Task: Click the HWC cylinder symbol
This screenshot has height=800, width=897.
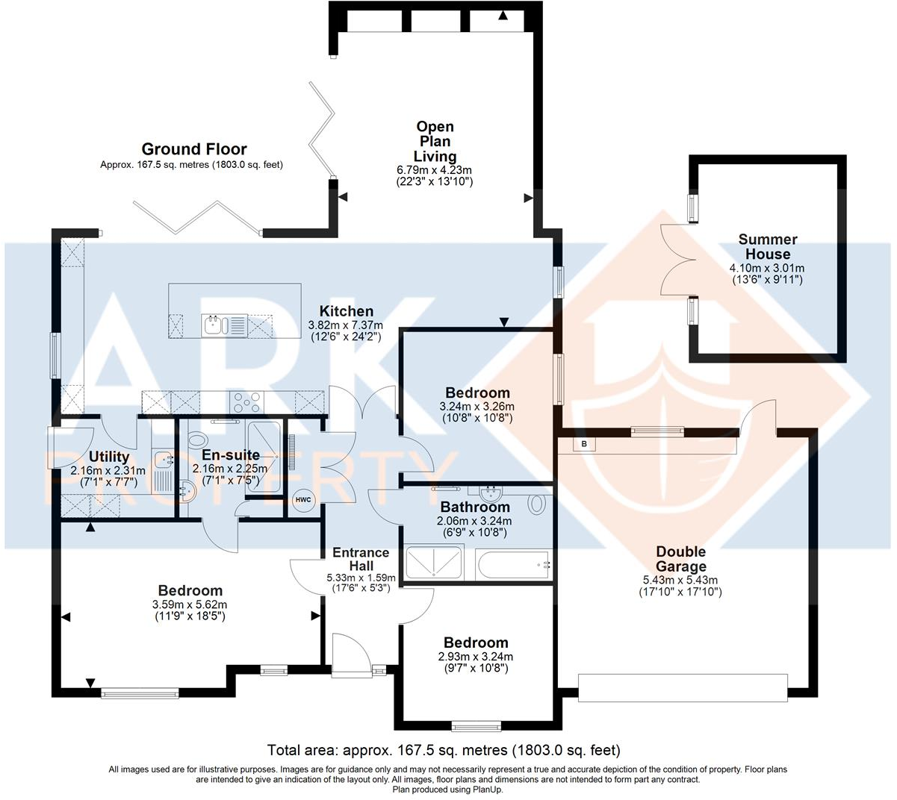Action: pyautogui.click(x=303, y=500)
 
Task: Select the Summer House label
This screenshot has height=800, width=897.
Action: pyautogui.click(x=768, y=246)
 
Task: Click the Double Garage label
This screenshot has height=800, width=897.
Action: pyautogui.click(x=680, y=559)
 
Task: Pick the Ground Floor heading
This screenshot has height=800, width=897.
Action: pyautogui.click(x=194, y=149)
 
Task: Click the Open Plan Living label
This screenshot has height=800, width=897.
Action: pyautogui.click(x=435, y=141)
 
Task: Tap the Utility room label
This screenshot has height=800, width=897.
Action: pyautogui.click(x=110, y=457)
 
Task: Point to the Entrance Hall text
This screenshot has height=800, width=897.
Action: pyautogui.click(x=361, y=559)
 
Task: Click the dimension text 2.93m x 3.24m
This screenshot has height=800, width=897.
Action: pyautogui.click(x=476, y=657)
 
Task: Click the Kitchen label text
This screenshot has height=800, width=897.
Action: pyautogui.click(x=347, y=311)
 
